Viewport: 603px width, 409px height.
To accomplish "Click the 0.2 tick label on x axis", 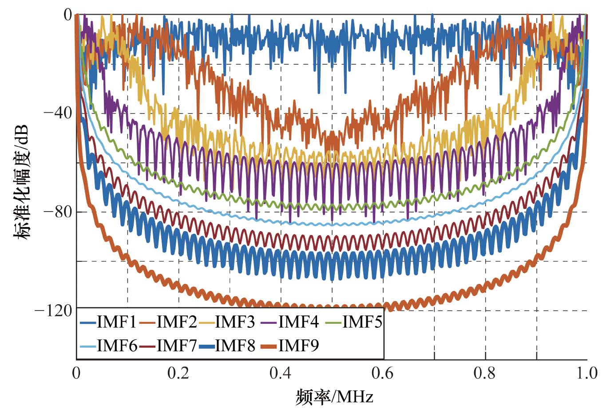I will (179, 374).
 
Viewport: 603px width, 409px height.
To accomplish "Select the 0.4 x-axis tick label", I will (281, 374).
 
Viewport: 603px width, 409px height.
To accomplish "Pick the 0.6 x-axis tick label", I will (383, 374).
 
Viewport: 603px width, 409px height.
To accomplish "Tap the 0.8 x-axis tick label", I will (485, 374).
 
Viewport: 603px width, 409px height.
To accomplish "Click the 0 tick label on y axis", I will (67, 15).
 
